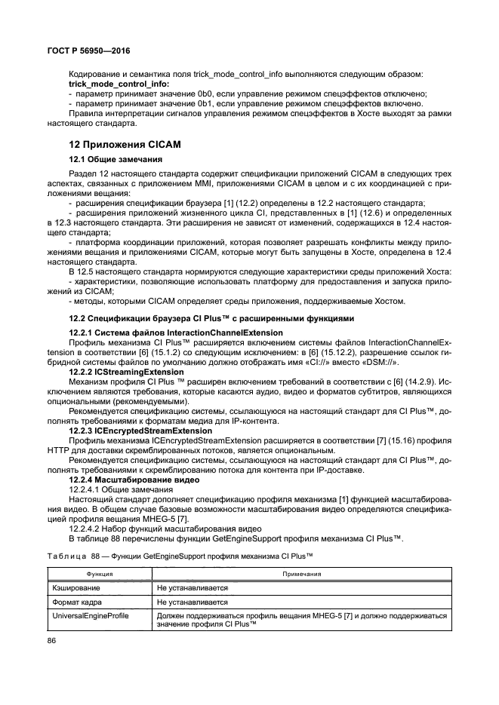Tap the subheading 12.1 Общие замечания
pos(112,160)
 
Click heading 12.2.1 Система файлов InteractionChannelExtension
pos(176,333)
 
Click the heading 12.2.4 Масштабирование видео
pos(134,479)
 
